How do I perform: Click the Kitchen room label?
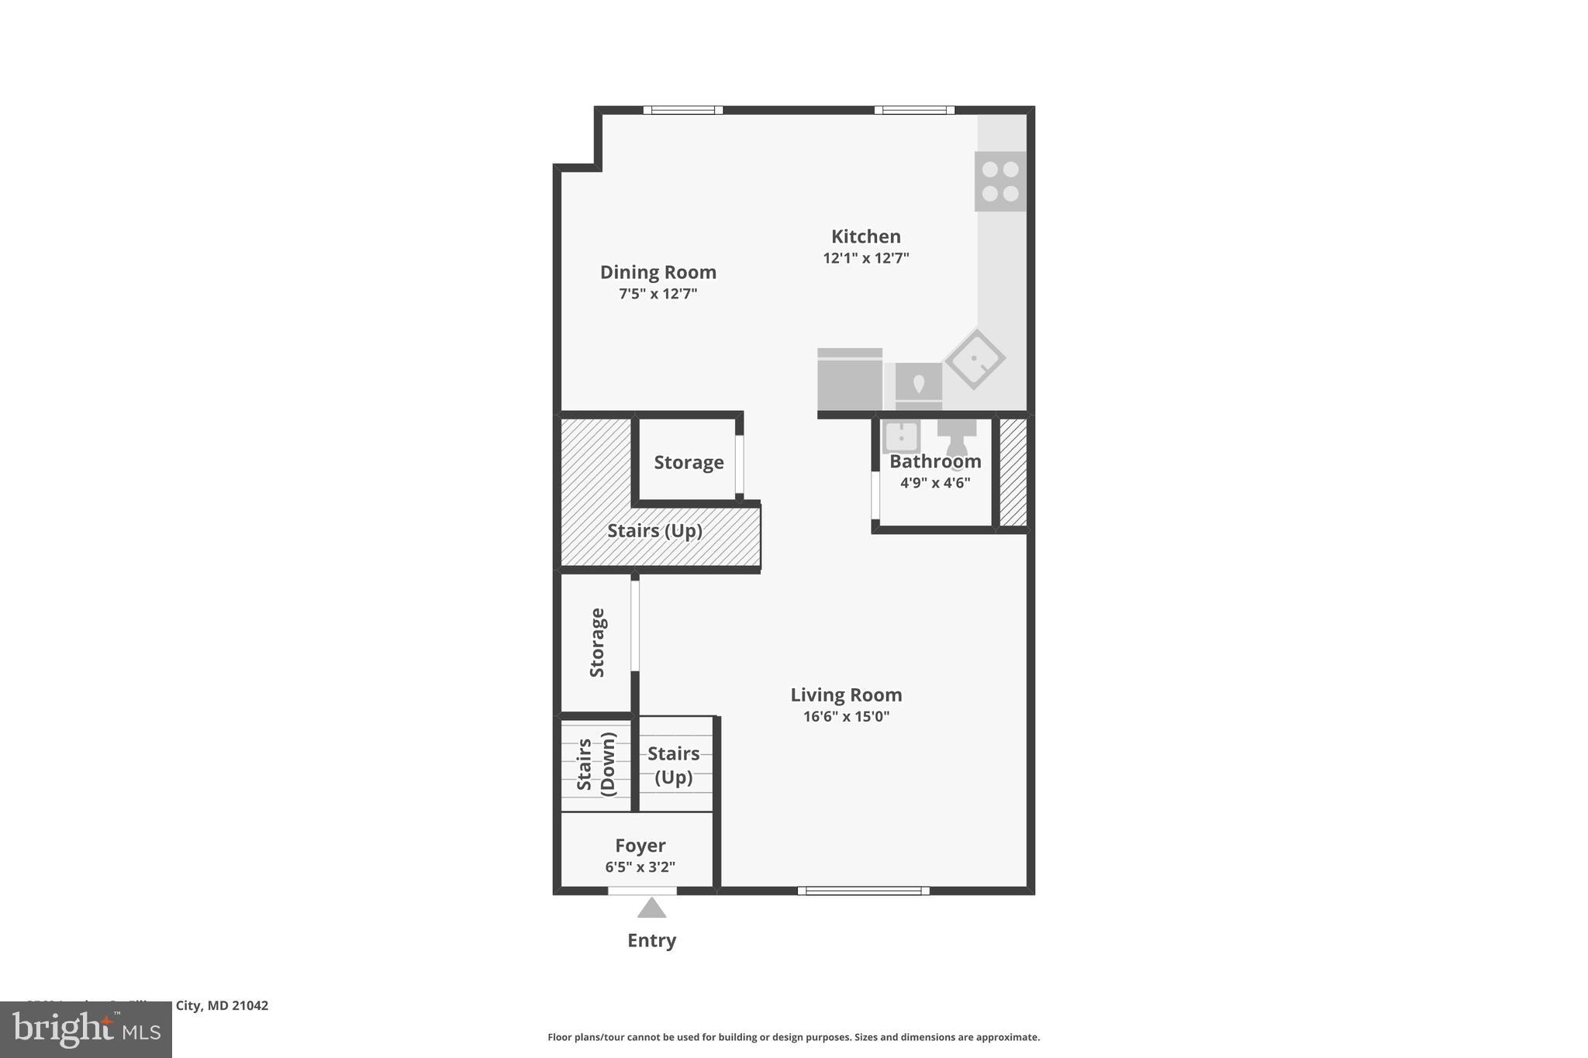point(865,236)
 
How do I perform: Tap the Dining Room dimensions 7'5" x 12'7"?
point(658,294)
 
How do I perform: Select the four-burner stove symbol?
point(999,181)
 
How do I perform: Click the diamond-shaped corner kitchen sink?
point(975,359)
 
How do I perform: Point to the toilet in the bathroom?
point(957,439)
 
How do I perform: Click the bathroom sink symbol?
point(901,436)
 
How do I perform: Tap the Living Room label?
point(846,694)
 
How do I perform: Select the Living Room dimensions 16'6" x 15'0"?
point(846,716)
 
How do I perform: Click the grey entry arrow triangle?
point(651,908)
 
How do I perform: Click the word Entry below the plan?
point(651,940)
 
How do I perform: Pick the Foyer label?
point(640,846)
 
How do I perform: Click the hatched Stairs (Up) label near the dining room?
point(654,531)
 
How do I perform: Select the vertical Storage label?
point(597,643)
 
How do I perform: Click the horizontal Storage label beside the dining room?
point(689,463)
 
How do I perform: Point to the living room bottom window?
point(863,891)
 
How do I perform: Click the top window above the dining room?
point(682,110)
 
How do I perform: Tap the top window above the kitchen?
point(914,110)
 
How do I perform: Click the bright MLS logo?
point(85,1030)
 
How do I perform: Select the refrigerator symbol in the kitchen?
point(850,380)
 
